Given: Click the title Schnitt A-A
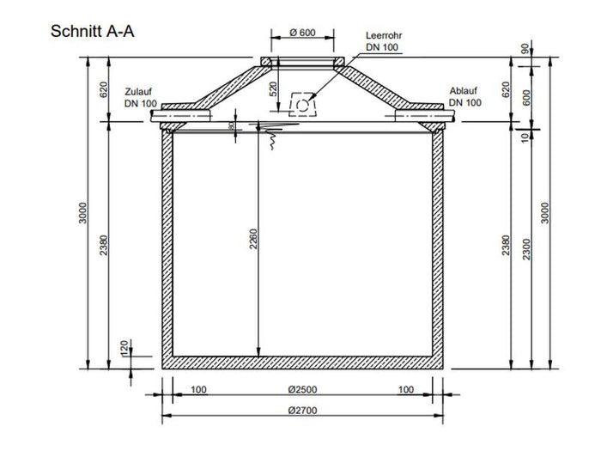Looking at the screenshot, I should [x=94, y=32].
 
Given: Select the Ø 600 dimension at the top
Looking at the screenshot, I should [x=303, y=34].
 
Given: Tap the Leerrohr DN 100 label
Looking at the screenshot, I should [x=382, y=41].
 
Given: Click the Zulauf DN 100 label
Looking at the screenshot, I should [x=140, y=96].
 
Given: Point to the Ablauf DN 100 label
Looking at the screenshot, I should [x=464, y=96].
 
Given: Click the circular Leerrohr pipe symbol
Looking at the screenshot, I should [x=303, y=104].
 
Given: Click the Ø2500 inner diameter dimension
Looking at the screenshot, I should [x=304, y=390].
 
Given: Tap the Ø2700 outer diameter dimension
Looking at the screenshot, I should [x=304, y=410].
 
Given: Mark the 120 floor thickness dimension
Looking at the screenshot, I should [x=124, y=347].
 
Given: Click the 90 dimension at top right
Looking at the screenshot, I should [x=525, y=49].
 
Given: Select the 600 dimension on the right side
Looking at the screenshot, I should [x=525, y=96].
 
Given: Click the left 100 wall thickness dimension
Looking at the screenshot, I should [x=197, y=390].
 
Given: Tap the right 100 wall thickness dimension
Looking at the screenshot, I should [x=406, y=390].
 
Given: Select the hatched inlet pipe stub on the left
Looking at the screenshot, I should [x=181, y=112].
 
